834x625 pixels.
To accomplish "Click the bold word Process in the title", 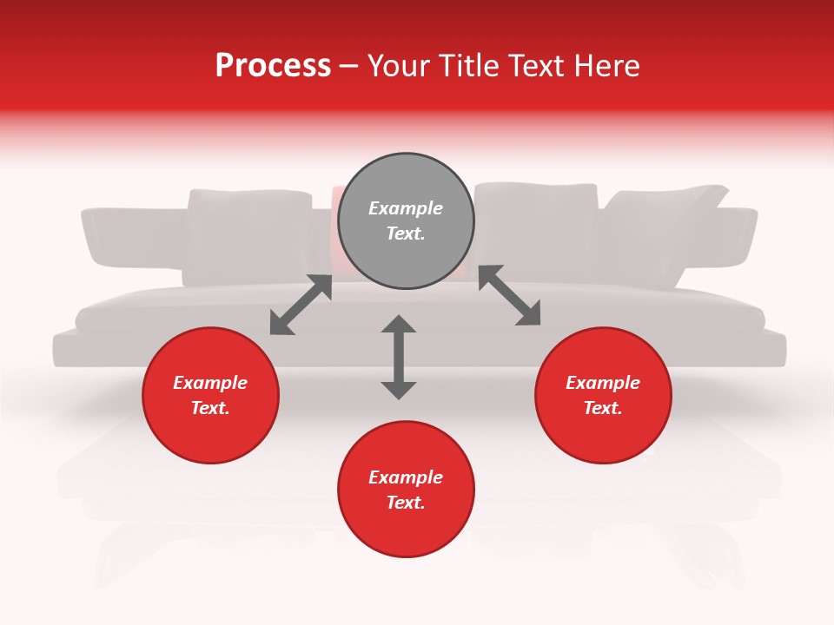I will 273,66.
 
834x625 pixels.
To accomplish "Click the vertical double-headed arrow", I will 399,358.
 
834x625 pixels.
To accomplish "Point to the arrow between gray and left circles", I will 301,305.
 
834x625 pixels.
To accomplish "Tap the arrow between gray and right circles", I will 510,295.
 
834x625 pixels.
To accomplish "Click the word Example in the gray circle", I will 406,208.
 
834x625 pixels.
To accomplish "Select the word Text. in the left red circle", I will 210,408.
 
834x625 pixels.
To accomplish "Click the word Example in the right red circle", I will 603,383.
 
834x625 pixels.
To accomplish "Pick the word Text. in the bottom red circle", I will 406,503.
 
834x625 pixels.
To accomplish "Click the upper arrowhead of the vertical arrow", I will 399,326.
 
